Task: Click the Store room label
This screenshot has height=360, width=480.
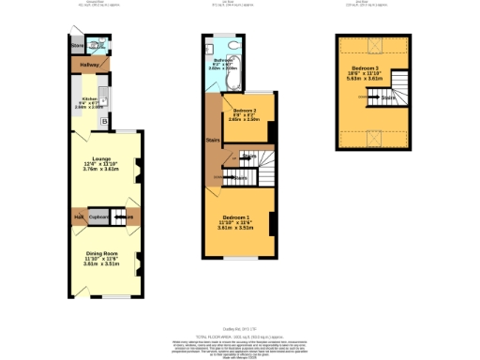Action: click(x=77, y=45)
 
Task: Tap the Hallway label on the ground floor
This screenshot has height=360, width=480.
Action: click(x=89, y=65)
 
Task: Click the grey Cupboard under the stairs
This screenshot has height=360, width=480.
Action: click(x=100, y=217)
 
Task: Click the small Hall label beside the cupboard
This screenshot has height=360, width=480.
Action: click(x=80, y=217)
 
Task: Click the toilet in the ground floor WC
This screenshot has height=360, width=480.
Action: click(x=95, y=45)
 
